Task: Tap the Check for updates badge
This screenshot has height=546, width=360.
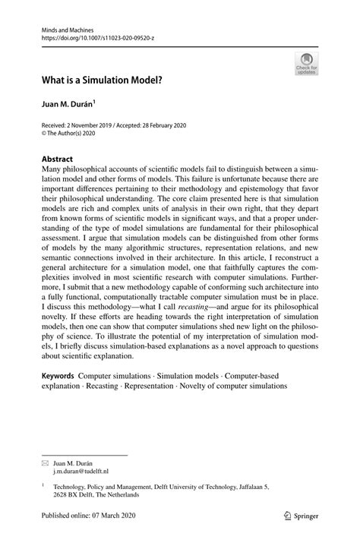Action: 306,64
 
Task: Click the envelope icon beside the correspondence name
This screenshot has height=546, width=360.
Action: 46,462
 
